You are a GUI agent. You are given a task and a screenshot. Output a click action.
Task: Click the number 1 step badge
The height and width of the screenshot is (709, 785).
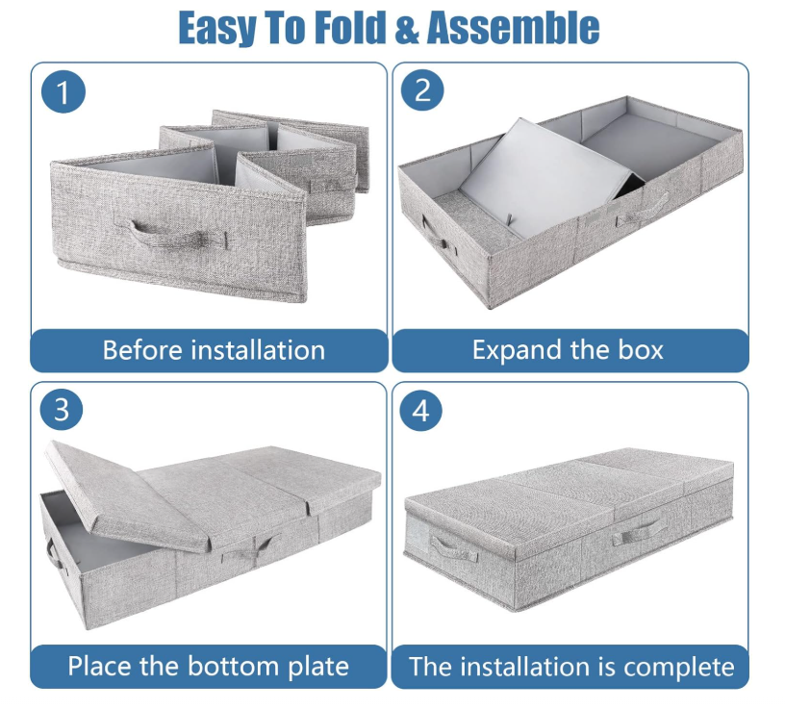click(63, 92)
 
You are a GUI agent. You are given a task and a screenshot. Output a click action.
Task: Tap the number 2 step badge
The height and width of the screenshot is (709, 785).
click(422, 90)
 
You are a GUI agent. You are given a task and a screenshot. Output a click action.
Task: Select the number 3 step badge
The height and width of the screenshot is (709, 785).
click(62, 410)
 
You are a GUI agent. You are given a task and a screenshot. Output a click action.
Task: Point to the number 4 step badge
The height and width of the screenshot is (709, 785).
click(421, 411)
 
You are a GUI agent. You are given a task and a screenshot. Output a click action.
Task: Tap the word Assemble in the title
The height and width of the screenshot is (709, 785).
click(513, 28)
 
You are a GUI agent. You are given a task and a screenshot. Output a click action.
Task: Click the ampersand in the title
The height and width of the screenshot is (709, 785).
click(407, 29)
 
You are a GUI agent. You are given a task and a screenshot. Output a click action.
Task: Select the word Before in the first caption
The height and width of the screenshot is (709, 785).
click(142, 349)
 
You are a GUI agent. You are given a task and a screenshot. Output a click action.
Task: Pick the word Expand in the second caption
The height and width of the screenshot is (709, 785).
click(518, 350)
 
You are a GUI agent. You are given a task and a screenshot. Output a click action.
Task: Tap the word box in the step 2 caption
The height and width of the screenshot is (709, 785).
click(641, 349)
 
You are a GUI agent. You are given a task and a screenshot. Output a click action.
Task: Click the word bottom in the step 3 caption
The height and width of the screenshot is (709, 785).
click(234, 666)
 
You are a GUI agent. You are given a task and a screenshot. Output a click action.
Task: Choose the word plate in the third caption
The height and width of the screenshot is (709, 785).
click(318, 667)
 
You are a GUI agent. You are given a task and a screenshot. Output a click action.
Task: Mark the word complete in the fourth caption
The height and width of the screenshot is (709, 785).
click(678, 668)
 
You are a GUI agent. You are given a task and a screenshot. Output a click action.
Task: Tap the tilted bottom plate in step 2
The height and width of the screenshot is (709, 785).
click(545, 178)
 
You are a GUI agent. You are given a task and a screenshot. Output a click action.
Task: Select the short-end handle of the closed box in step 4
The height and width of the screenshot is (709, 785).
click(452, 548)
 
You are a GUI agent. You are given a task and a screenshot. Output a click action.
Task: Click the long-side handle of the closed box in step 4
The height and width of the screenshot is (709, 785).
click(639, 532)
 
